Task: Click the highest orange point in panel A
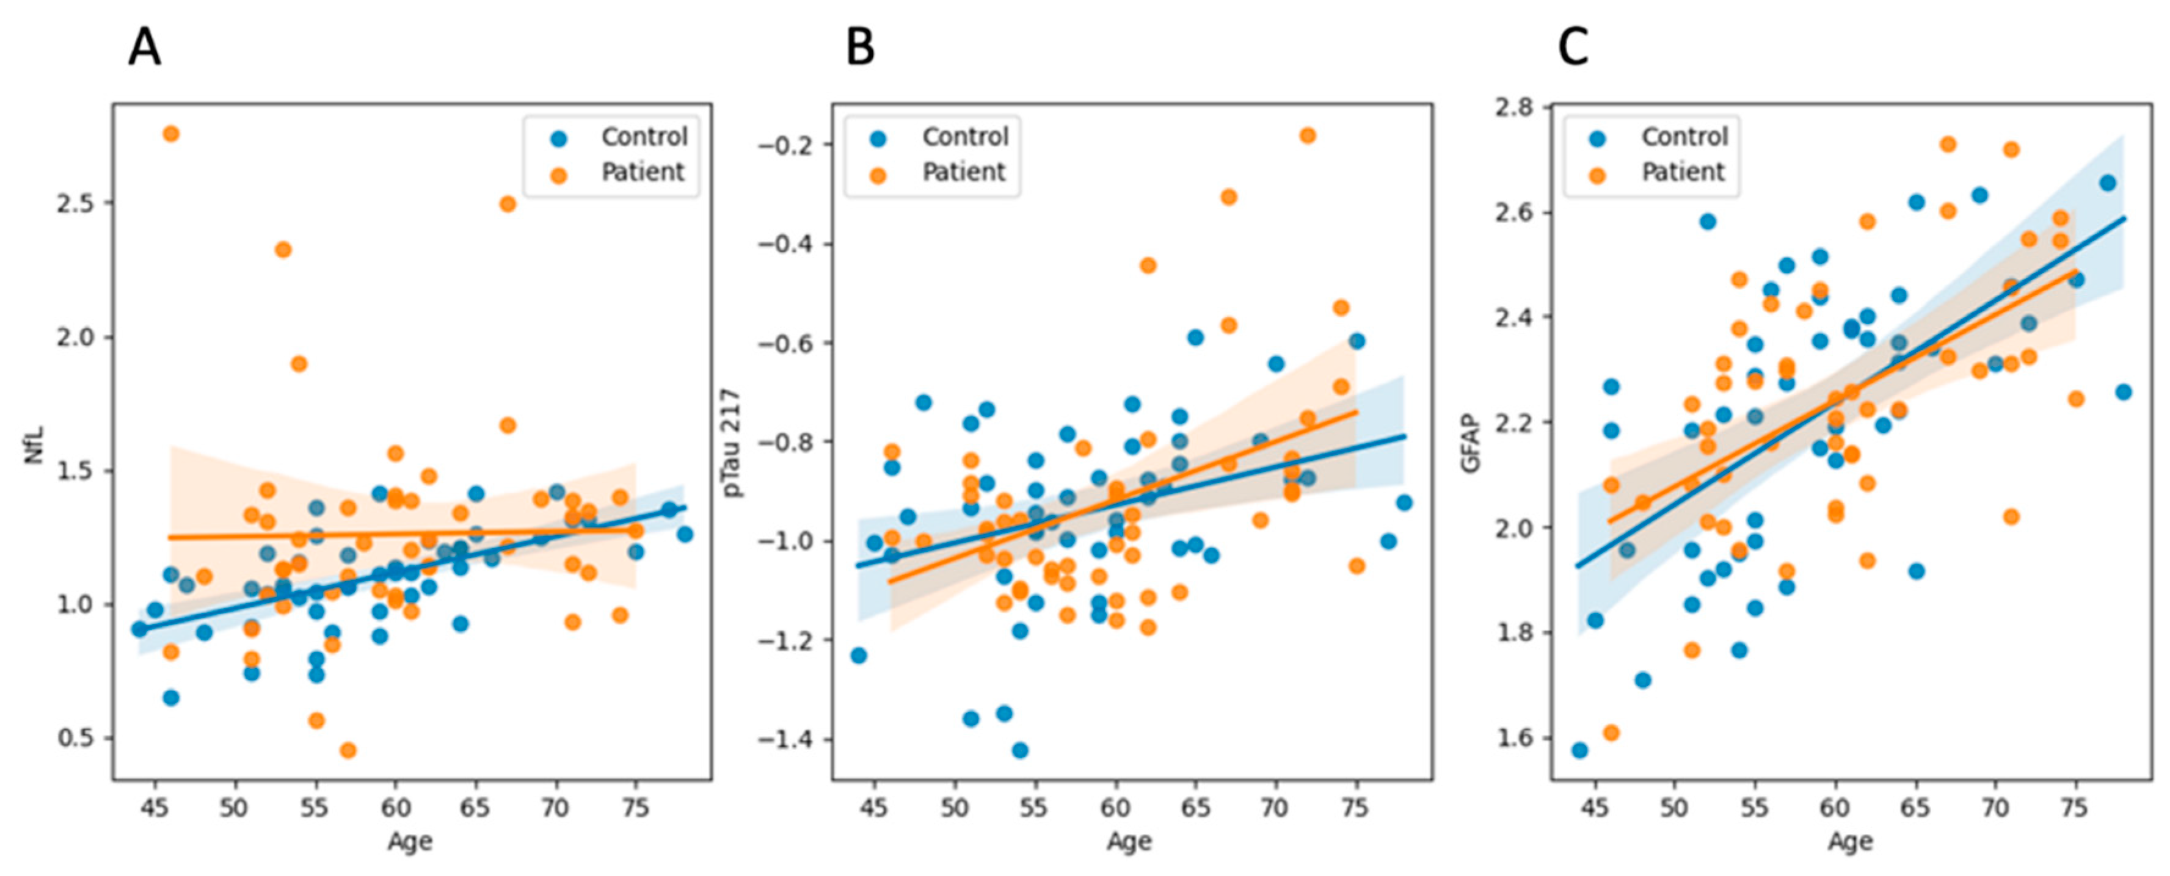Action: coord(171,134)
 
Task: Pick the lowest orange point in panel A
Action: coord(348,750)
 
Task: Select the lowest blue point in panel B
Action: coord(1020,750)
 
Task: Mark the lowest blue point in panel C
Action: coord(1579,750)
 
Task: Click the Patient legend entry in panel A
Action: coord(642,172)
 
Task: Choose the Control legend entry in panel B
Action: coord(964,137)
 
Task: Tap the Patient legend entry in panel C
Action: coord(1682,172)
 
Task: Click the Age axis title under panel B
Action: coord(1129,841)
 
